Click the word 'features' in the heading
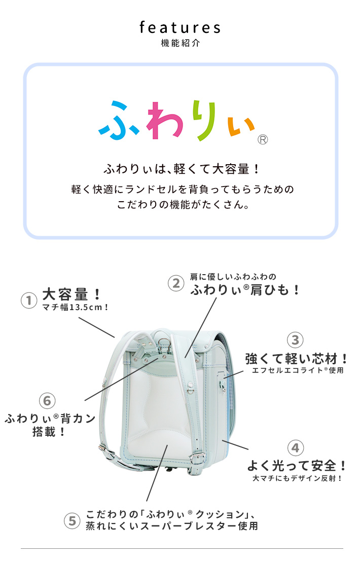click(180, 28)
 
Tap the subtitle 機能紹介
click(181, 43)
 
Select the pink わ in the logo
click(165, 120)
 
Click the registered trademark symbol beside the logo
click(263, 139)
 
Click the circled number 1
click(29, 300)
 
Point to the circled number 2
click(176, 283)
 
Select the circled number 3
click(295, 340)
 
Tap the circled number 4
click(295, 447)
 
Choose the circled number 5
click(72, 520)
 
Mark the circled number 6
click(47, 401)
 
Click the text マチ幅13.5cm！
click(75, 308)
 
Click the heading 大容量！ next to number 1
click(71, 294)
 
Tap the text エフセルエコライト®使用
click(298, 370)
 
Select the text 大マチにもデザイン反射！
click(297, 478)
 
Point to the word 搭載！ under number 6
click(49, 432)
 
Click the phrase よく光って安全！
click(297, 466)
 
